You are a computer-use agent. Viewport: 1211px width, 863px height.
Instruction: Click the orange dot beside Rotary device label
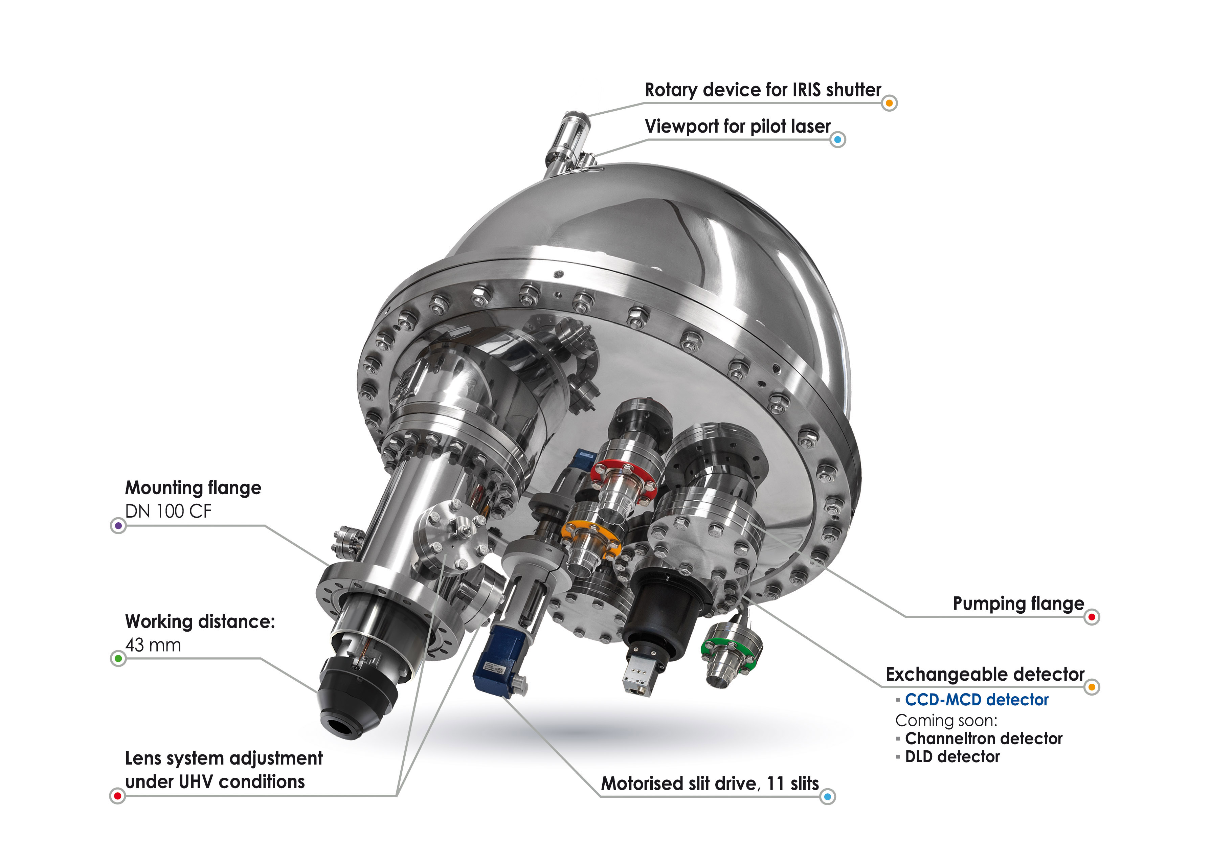(889, 103)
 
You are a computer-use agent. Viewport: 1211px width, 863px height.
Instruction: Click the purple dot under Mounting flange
(118, 526)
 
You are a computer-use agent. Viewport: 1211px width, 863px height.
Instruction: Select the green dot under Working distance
(118, 659)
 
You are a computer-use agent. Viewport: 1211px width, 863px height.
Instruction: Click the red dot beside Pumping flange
(1092, 617)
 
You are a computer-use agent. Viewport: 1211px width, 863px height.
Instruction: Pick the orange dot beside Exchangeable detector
(1092, 687)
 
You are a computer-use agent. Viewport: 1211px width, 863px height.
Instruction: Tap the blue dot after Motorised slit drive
(827, 797)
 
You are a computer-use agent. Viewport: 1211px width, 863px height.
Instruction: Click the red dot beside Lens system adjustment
(117, 796)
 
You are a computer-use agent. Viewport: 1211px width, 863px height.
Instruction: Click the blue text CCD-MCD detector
(976, 700)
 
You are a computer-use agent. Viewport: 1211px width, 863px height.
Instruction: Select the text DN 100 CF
(168, 511)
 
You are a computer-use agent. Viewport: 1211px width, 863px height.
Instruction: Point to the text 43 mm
(153, 645)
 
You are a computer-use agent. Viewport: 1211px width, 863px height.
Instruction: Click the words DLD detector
(952, 757)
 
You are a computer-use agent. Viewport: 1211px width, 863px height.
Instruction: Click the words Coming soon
(946, 721)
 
